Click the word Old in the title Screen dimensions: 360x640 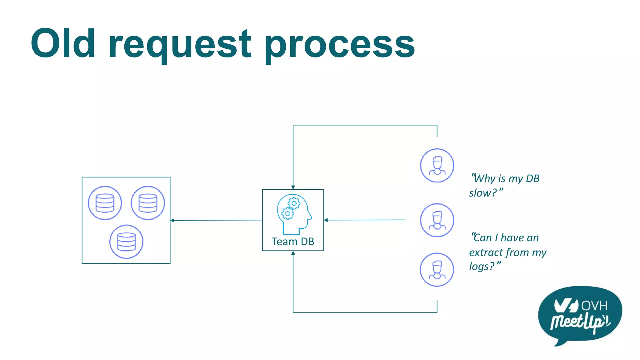(62, 44)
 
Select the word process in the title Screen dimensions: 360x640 (340, 45)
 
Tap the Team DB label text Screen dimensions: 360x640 (293, 242)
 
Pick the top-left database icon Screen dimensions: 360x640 (105, 203)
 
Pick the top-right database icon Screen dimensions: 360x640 (148, 203)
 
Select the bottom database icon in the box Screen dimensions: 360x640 (126, 242)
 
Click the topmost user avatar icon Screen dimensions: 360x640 (437, 165)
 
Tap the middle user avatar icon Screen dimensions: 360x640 (437, 220)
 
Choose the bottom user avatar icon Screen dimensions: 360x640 (437, 269)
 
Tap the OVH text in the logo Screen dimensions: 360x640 (594, 306)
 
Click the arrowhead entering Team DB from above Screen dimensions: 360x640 (293, 187)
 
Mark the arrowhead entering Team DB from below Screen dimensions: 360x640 (293, 253)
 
